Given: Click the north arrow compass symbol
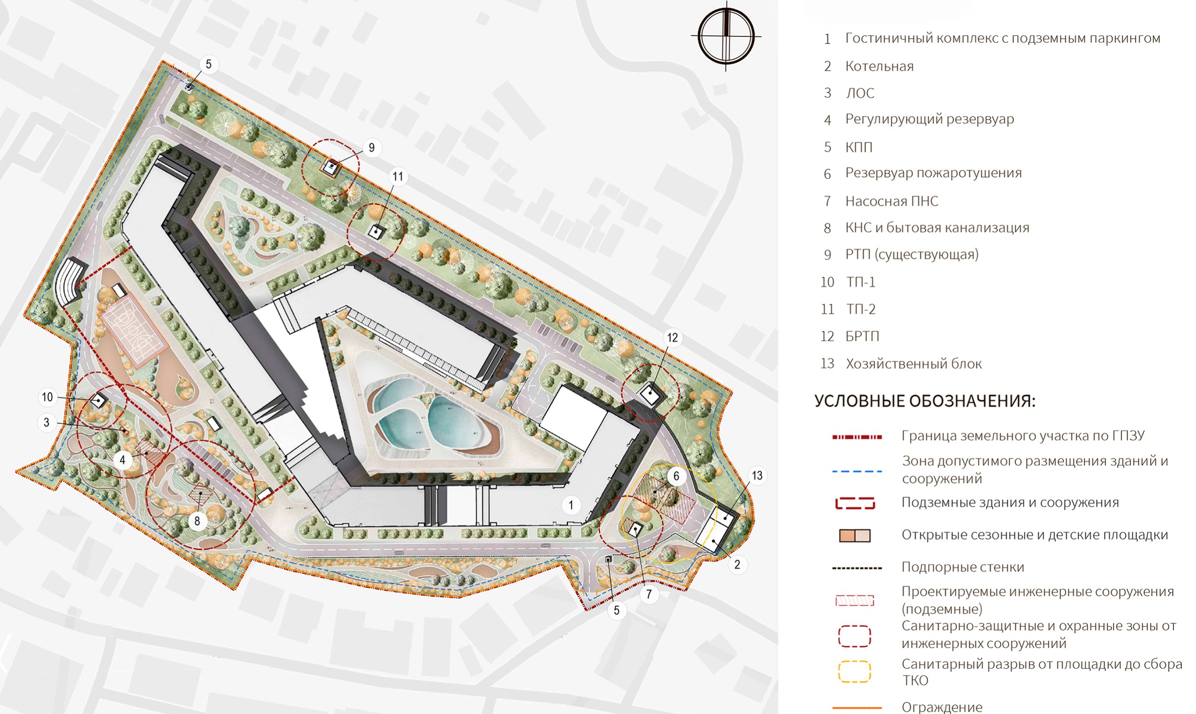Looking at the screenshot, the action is [726, 36].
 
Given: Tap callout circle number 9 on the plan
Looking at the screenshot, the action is [371, 147].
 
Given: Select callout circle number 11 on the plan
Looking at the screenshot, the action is [398, 176].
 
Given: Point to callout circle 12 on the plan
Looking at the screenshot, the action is [672, 338].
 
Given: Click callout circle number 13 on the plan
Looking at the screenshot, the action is [757, 476].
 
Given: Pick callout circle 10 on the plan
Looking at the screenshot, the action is [47, 397].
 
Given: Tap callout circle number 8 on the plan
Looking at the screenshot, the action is [197, 521].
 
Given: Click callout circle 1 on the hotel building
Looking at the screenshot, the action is [571, 505].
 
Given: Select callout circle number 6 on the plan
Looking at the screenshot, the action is [676, 476].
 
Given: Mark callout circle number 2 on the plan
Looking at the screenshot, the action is [737, 564].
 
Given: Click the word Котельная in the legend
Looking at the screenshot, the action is [879, 66].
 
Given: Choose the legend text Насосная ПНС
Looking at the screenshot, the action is [892, 201].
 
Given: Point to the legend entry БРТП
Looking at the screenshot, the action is [863, 336].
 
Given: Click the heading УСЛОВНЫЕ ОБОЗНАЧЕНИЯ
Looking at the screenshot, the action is [925, 401].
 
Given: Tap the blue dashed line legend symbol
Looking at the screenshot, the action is [857, 471].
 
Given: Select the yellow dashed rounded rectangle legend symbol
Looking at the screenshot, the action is [854, 671].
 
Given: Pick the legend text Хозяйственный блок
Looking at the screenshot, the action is [914, 364].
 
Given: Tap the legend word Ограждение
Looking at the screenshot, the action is [942, 707].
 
